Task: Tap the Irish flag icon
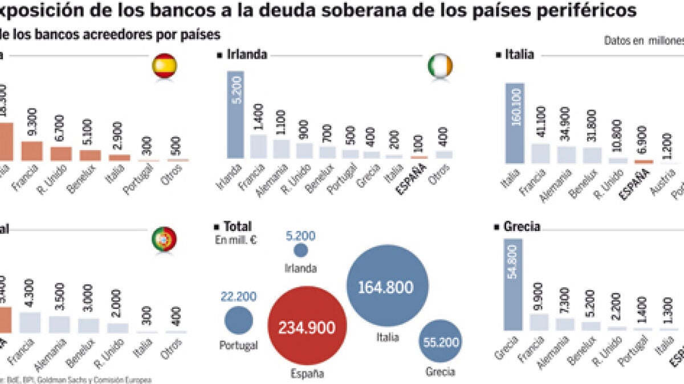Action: [439, 67]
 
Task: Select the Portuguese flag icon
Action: [164, 239]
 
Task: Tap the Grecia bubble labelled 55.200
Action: [441, 341]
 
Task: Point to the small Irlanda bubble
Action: [301, 250]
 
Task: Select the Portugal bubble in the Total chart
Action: [239, 321]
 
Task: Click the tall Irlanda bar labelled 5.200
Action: [235, 114]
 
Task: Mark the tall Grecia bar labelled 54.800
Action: [514, 284]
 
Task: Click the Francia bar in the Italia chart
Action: [540, 154]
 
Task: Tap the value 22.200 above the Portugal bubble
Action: [238, 296]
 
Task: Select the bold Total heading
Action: [238, 227]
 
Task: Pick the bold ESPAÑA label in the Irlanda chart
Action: [418, 177]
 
